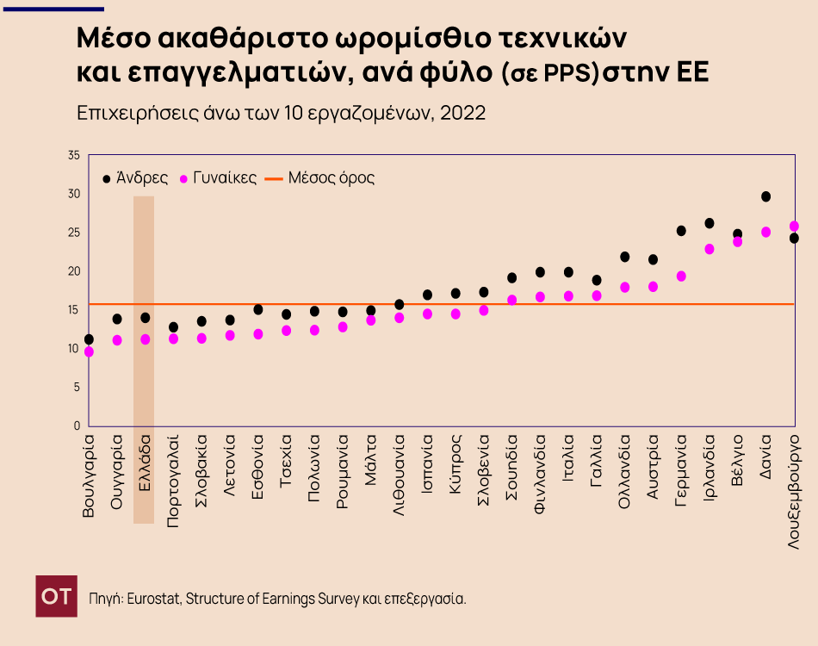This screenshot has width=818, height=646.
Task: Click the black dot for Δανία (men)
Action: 765,196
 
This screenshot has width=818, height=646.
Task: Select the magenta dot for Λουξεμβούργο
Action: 794,227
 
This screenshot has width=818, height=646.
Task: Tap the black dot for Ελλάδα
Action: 145,318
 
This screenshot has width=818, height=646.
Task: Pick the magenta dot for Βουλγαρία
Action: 89,351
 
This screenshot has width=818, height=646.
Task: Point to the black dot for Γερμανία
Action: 681,231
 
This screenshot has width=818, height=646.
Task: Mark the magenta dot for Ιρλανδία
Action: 710,249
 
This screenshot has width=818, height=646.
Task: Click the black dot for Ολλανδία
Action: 625,257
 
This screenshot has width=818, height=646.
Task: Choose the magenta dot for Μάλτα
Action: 371,320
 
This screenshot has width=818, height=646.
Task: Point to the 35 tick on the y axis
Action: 73,155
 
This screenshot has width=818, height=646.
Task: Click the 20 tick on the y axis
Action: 73,271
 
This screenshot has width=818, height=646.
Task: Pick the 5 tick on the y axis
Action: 76,388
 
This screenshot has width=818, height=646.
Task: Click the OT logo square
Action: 56,596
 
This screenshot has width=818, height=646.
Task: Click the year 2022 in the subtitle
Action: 463,114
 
